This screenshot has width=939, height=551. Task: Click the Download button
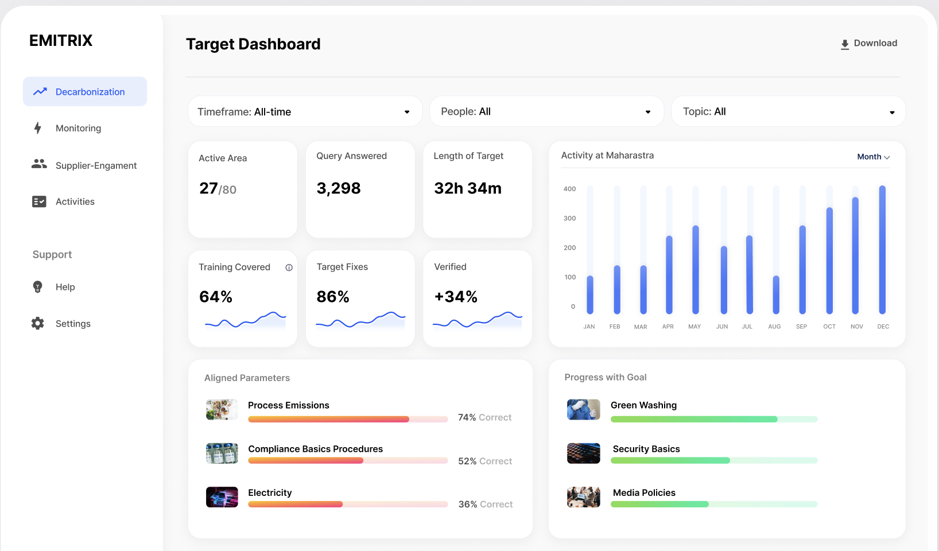click(x=869, y=44)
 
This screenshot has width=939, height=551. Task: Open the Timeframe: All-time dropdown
click(x=305, y=112)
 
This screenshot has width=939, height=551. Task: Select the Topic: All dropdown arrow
click(x=892, y=112)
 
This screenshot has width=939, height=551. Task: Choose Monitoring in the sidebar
click(x=78, y=129)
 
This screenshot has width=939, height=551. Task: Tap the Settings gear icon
click(x=38, y=324)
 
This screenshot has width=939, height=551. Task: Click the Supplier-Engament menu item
click(x=96, y=166)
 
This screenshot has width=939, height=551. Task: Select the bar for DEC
click(x=882, y=250)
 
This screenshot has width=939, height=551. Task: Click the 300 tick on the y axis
click(x=569, y=219)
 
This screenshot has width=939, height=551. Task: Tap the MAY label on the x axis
click(x=694, y=327)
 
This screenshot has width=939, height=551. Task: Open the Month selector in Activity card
click(x=873, y=157)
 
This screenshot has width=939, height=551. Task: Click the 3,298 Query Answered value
click(x=339, y=188)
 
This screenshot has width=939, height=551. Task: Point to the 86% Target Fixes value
click(x=333, y=297)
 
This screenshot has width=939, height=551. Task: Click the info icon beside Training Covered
click(x=289, y=267)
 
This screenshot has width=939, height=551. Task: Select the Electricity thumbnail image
click(x=222, y=497)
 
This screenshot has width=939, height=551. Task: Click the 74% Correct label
click(x=484, y=418)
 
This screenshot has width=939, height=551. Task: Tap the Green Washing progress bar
click(x=713, y=420)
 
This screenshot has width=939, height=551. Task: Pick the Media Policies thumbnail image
click(x=583, y=497)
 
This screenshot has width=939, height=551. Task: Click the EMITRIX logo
click(x=61, y=41)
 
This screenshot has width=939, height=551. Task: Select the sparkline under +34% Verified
click(x=478, y=320)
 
